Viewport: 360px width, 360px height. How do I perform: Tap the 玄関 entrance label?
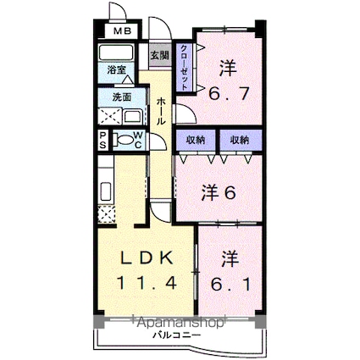coord(158,55)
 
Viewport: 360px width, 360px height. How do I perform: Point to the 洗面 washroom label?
coord(122,97)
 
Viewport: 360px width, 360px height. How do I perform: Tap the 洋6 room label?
coord(217,192)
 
